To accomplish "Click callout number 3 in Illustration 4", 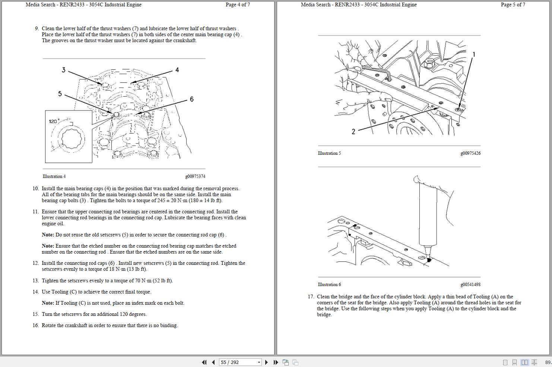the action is (64, 70).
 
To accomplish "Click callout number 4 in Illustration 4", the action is (177, 70).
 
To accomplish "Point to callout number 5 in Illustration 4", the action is (60, 94).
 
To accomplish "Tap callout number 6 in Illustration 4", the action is (191, 99).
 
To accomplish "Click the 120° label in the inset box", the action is (54, 121).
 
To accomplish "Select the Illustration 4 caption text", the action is (54, 176).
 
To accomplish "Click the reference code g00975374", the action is (195, 176).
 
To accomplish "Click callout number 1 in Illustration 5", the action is (474, 54).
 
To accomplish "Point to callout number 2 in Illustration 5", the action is (353, 131).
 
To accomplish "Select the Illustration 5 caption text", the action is (329, 153).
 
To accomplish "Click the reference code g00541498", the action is (470, 285).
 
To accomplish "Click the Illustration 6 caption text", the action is (329, 285).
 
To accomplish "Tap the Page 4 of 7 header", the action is (238, 4).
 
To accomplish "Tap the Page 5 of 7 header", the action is (513, 4).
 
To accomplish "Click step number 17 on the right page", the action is (311, 297).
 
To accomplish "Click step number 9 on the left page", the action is (37, 28).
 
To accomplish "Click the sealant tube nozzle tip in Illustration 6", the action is (428, 260).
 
